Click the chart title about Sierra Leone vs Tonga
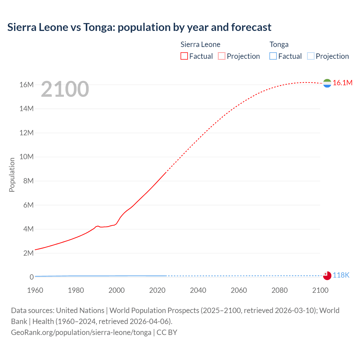139,27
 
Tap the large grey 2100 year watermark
65,89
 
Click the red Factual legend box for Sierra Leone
184,56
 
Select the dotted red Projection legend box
222,56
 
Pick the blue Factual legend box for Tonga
273,56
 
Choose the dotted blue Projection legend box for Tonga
311,56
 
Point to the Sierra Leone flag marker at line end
327,83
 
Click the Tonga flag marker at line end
327,276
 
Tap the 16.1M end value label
343,83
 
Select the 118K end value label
341,275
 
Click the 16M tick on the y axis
26,85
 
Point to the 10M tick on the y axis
26,157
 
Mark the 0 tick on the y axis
31,277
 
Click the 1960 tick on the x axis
35,290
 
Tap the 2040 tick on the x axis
198,290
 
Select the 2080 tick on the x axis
280,290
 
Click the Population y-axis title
12,175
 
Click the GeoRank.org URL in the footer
81,332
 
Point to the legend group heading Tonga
279,44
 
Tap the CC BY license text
167,332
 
